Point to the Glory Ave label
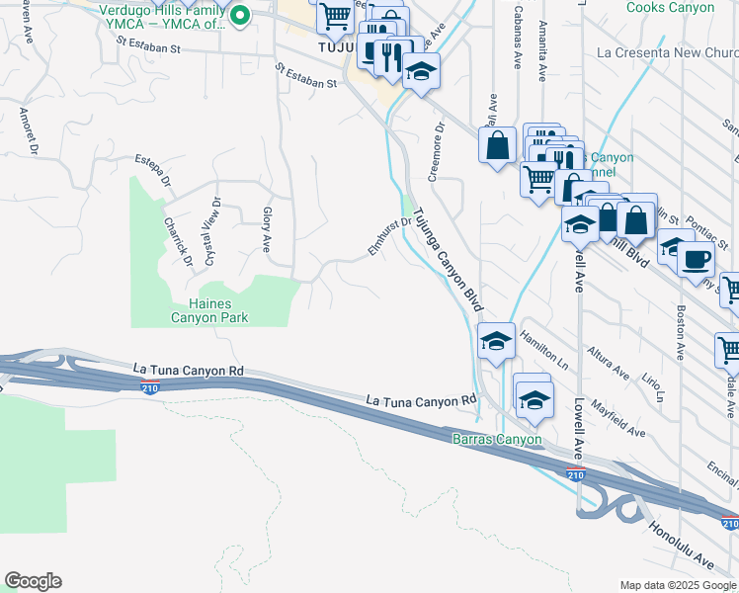point(266,226)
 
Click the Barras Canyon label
point(497,439)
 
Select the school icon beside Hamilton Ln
point(494,341)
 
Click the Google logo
point(33,581)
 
